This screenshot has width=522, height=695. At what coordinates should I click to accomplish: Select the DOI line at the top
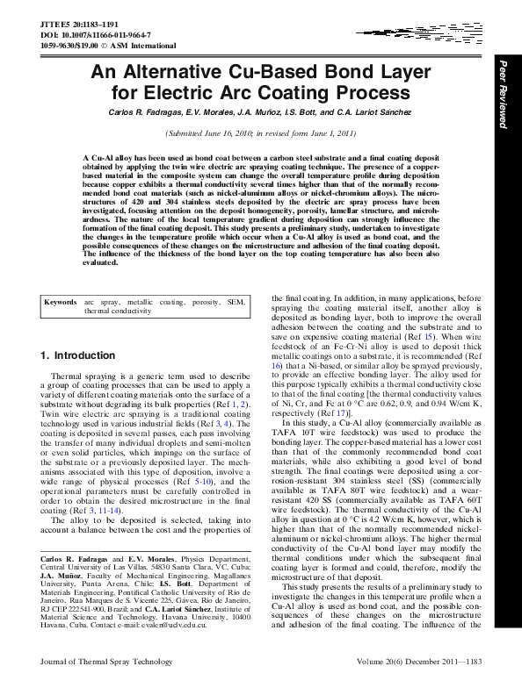tap(81, 25)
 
